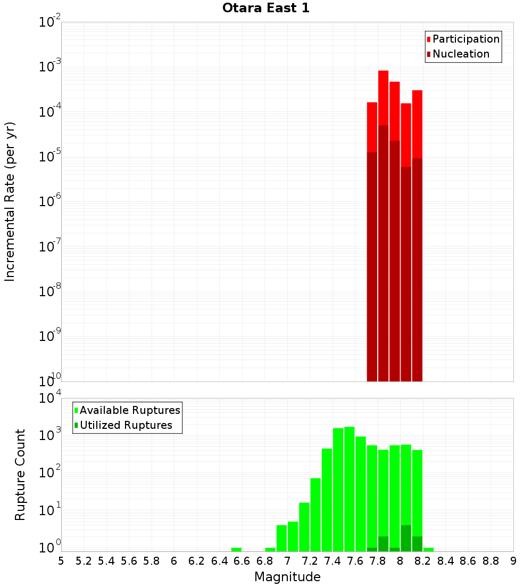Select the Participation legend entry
coord(465,39)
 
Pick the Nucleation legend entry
coord(460,54)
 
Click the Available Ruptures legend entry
coord(129,410)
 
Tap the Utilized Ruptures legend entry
coord(126,425)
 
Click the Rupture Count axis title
coord(20,475)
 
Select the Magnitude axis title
coord(287,577)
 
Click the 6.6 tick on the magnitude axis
coord(242,560)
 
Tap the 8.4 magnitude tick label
coord(446,560)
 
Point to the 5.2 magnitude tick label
coord(84,560)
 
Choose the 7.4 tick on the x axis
coord(332,560)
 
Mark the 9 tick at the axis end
coord(513,560)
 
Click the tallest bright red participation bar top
coord(383,72)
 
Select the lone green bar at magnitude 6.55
coord(236,549)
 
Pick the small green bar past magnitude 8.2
coord(428,549)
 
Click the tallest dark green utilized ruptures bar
coord(406,538)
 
